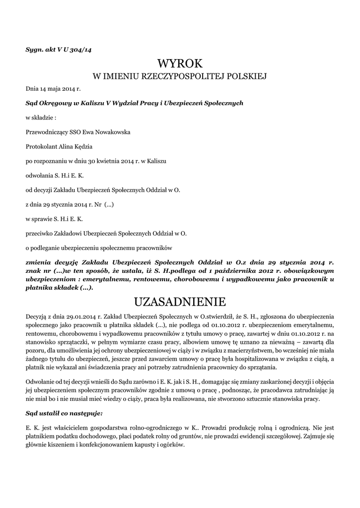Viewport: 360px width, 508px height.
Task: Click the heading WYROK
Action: [x=180, y=63]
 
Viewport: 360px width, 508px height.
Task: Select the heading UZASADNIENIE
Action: [x=180, y=302]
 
